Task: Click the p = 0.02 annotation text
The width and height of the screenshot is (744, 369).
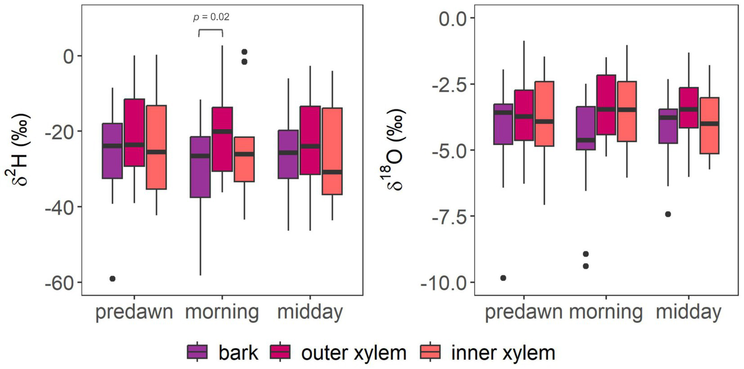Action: [x=211, y=17]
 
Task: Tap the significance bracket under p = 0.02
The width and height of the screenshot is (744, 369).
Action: [x=211, y=30]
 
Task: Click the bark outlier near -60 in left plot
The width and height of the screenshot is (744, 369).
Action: [x=112, y=278]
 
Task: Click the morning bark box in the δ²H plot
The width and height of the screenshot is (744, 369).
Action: [x=200, y=167]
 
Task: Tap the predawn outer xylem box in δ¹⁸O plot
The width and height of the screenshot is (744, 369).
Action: [x=523, y=115]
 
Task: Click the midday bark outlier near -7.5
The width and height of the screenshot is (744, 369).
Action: [x=668, y=214]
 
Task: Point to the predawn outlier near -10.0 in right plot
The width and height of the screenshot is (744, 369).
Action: [x=503, y=278]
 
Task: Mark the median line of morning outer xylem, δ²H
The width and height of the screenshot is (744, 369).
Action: [x=222, y=131]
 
